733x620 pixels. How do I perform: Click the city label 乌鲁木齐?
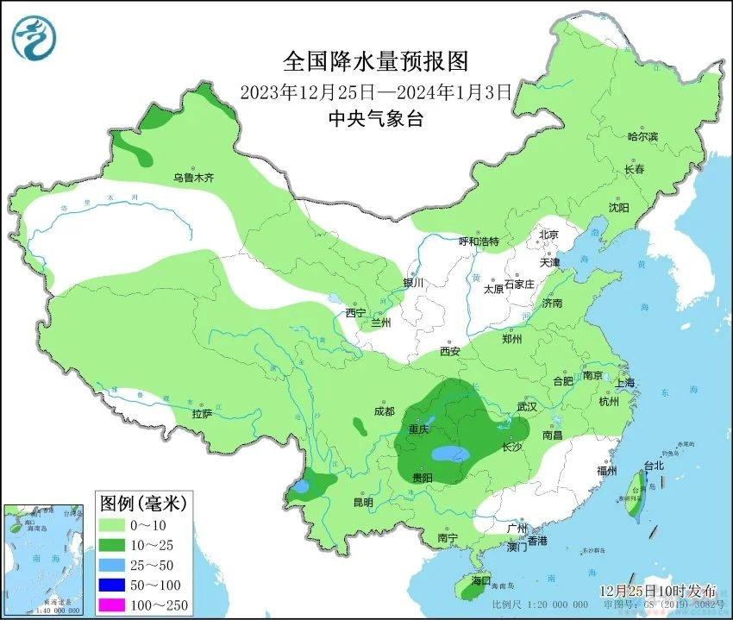coord(192,178)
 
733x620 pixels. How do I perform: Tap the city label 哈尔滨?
coord(642,137)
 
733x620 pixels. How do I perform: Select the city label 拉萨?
coord(202,414)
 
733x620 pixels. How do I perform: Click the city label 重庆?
coord(419,429)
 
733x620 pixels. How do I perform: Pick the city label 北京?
coord(549,235)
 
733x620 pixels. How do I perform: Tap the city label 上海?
coord(624,383)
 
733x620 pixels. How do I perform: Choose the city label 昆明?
coord(362,502)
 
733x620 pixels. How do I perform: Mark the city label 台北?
coord(654,466)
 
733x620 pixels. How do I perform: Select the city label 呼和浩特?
coord(479,241)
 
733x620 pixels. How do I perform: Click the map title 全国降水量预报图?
coord(376,61)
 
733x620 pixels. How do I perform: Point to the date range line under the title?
coord(376,91)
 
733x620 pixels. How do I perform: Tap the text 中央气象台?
coord(376,119)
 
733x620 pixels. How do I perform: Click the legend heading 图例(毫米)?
coord(143,503)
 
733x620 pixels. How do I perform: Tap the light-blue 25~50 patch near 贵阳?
coord(450,454)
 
